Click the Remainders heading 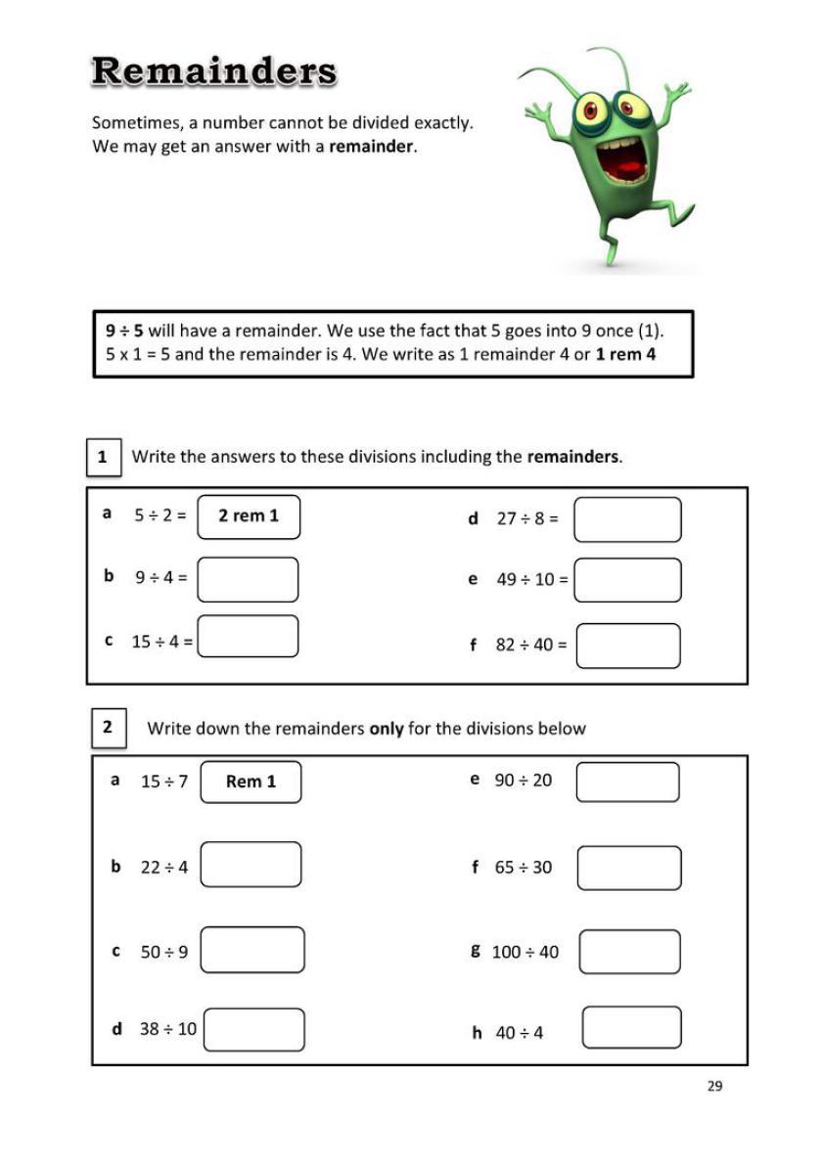pos(214,71)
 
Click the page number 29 pos(714,1086)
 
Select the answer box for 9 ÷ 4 pos(249,579)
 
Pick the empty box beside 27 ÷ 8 pos(627,519)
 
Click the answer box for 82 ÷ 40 pos(627,646)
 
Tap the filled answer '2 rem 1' pos(249,516)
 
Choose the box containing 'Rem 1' pos(251,782)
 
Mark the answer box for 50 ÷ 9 pos(252,950)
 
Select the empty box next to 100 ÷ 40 pos(629,952)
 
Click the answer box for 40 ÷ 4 pos(631,1027)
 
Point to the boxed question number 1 pos(103,457)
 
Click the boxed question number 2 pos(107,727)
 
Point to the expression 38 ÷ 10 pos(168,1029)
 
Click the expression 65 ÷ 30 pos(524,868)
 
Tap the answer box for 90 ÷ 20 pos(627,782)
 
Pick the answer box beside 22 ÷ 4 pos(251,865)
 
